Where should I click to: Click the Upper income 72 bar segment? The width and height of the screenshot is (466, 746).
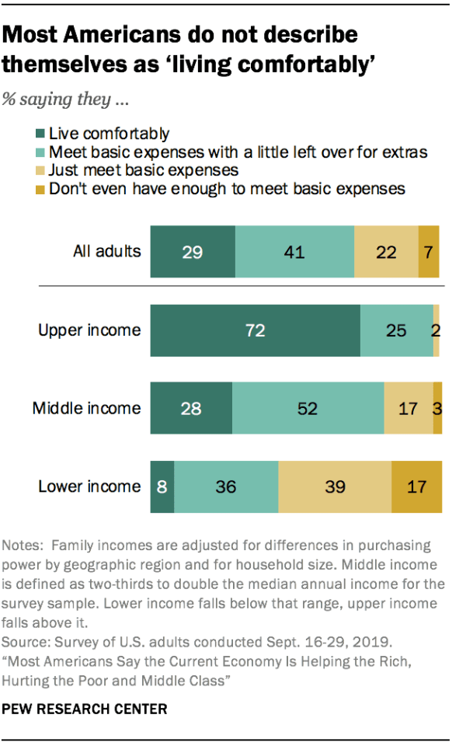255,330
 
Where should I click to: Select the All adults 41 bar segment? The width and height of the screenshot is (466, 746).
294,252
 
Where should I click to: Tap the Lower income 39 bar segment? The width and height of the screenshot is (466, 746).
335,486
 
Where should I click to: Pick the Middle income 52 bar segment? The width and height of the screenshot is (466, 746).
308,408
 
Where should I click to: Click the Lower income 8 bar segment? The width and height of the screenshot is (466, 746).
162,486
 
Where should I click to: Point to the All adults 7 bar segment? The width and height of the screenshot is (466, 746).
429,252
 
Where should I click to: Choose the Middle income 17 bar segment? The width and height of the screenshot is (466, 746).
409,408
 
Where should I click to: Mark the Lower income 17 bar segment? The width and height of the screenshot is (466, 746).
417,486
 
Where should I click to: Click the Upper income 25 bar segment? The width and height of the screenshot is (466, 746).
396,330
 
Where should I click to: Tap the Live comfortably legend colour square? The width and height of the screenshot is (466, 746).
40,134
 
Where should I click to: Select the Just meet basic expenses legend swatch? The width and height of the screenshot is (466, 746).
40,170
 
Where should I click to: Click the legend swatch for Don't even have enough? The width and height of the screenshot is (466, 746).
40,188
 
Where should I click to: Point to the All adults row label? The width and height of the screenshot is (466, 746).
107,252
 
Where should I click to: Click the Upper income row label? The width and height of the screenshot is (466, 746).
90,330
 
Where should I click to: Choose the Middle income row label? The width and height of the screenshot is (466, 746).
87,408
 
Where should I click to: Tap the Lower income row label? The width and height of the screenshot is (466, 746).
90,486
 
